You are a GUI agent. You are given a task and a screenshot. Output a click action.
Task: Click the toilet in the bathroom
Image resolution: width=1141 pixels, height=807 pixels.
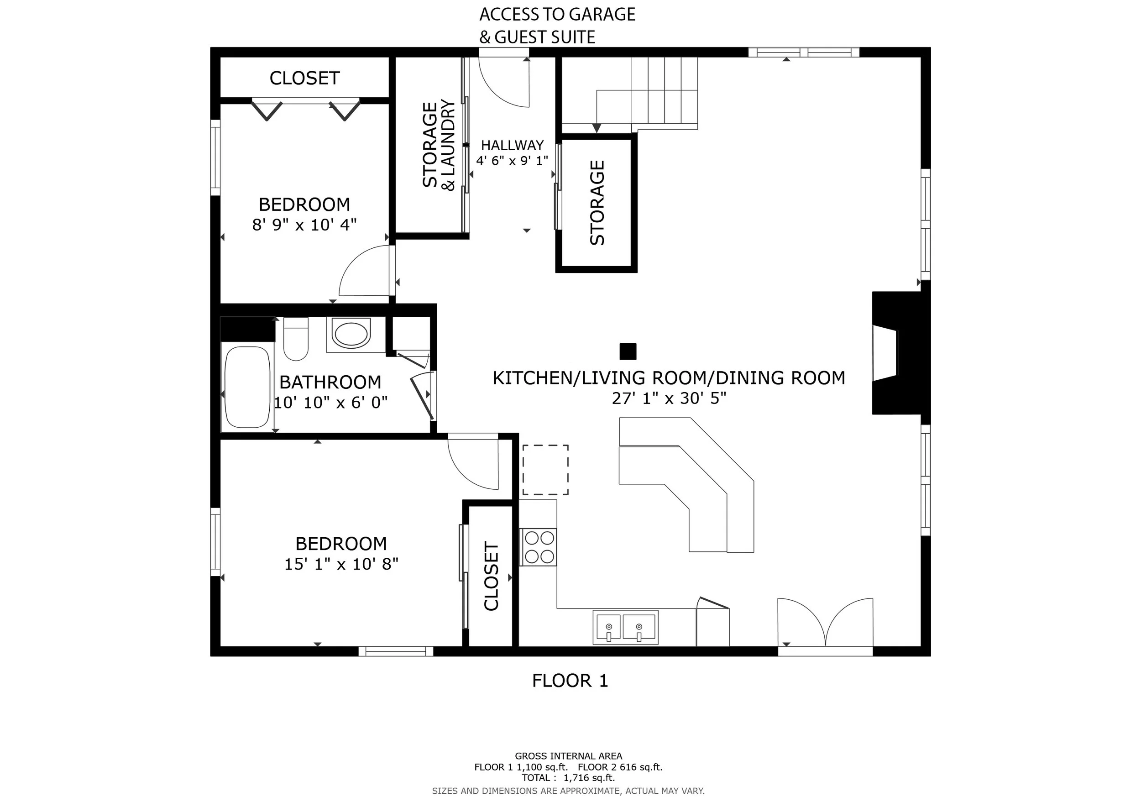coord(296,338)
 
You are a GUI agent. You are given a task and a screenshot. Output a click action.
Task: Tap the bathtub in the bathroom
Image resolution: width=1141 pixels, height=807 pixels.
coord(247,387)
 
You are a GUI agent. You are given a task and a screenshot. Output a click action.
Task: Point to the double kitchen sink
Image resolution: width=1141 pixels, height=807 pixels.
coord(625,627)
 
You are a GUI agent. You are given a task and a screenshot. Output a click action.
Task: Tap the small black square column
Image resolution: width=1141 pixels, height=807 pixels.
coord(628,351)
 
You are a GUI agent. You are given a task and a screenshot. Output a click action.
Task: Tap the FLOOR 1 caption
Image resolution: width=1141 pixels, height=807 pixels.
coord(570,680)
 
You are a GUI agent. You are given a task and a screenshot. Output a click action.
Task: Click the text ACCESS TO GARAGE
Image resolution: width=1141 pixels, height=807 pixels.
coord(557,15)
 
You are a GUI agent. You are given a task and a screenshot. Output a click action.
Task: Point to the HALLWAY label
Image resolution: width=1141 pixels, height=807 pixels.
coord(513,145)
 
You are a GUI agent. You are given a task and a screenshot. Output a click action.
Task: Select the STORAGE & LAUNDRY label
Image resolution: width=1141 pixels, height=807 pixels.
coord(438,145)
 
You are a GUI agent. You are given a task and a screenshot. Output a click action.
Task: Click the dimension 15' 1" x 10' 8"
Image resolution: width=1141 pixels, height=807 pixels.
coord(341,564)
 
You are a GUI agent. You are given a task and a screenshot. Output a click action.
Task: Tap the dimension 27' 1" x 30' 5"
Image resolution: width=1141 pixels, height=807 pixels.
coord(669,398)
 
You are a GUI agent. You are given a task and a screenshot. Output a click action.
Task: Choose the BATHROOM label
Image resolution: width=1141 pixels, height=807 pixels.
coord(330,382)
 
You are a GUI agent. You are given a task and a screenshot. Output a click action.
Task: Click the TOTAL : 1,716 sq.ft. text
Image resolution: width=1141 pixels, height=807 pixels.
coord(569,778)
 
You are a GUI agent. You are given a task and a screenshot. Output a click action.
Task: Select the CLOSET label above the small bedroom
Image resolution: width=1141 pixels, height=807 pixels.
coord(304,78)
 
